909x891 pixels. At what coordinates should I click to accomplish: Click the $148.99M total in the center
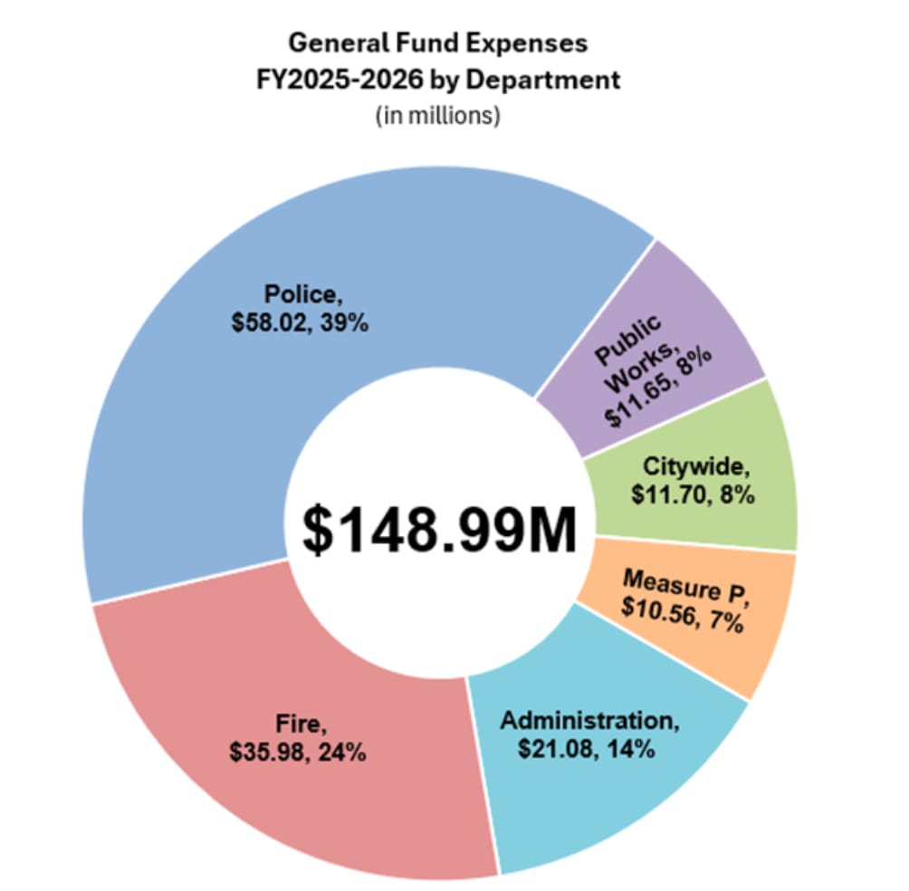[x=439, y=529]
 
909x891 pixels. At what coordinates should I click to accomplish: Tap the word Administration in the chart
[x=588, y=721]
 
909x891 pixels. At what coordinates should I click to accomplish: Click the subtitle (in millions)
[x=437, y=118]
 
